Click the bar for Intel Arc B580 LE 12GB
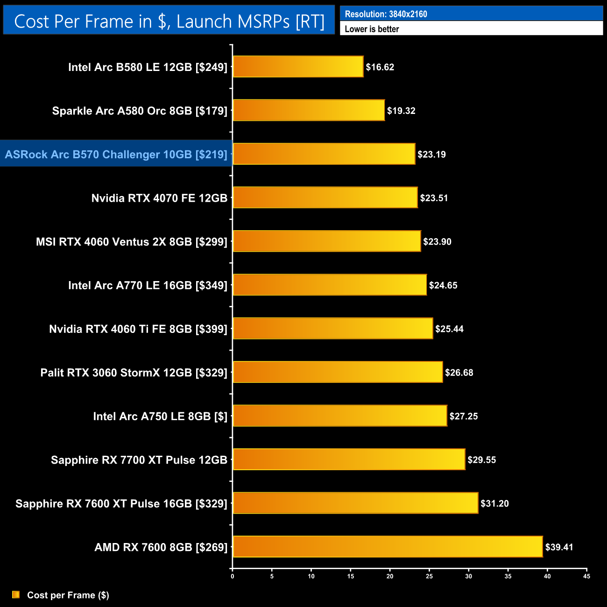[x=298, y=67]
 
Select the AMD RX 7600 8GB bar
[x=388, y=547]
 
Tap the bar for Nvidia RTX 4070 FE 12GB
[x=325, y=198]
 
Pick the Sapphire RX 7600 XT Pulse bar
[x=355, y=503]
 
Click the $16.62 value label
[x=380, y=67]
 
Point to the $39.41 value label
[x=559, y=547]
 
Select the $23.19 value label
[x=431, y=155]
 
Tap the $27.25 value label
[x=464, y=416]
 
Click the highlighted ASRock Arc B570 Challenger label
[x=116, y=155]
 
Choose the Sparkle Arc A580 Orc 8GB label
[x=140, y=111]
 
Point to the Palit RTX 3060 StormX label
[x=134, y=373]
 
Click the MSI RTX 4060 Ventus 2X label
[x=132, y=242]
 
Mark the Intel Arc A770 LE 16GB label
[x=148, y=285]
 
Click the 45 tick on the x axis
[x=586, y=576]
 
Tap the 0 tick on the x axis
[x=233, y=576]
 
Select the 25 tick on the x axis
[x=429, y=576]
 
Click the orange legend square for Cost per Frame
[x=16, y=594]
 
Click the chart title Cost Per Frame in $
[x=169, y=21]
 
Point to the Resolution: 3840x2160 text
[x=386, y=14]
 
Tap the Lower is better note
[x=372, y=29]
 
